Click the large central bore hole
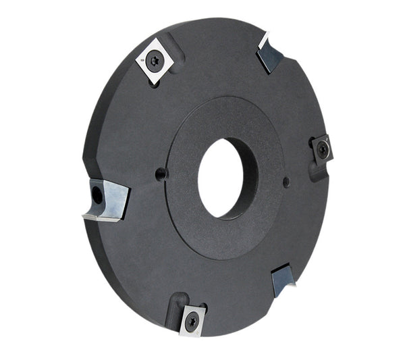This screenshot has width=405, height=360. (221, 178)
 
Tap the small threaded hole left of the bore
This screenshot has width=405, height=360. (161, 174)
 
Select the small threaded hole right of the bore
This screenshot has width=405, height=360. (286, 181)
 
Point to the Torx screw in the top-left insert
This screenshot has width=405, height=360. (155, 61)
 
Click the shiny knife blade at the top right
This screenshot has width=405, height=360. (271, 54)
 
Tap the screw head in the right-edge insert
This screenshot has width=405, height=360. (323, 150)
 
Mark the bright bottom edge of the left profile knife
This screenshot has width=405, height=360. (101, 217)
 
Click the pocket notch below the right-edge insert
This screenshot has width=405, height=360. (317, 172)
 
